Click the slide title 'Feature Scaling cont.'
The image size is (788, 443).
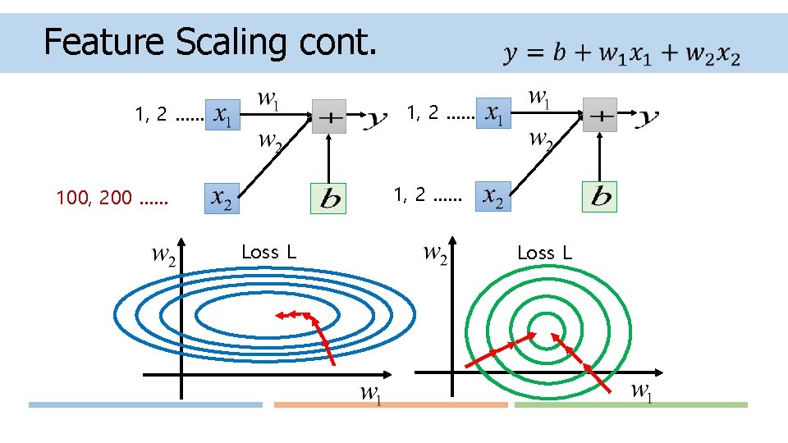(210, 41)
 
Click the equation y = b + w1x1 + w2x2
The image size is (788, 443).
(621, 55)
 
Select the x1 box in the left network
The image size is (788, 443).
(222, 116)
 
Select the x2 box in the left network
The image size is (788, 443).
(222, 198)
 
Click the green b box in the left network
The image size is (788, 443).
(328, 198)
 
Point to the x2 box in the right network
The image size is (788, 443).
(493, 196)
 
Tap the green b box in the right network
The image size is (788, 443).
(599, 196)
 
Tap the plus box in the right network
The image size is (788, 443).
(600, 116)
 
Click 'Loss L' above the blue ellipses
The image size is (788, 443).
(268, 253)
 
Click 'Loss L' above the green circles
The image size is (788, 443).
(544, 253)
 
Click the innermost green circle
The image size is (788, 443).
(543, 317)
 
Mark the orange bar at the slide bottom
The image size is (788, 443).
(391, 404)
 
